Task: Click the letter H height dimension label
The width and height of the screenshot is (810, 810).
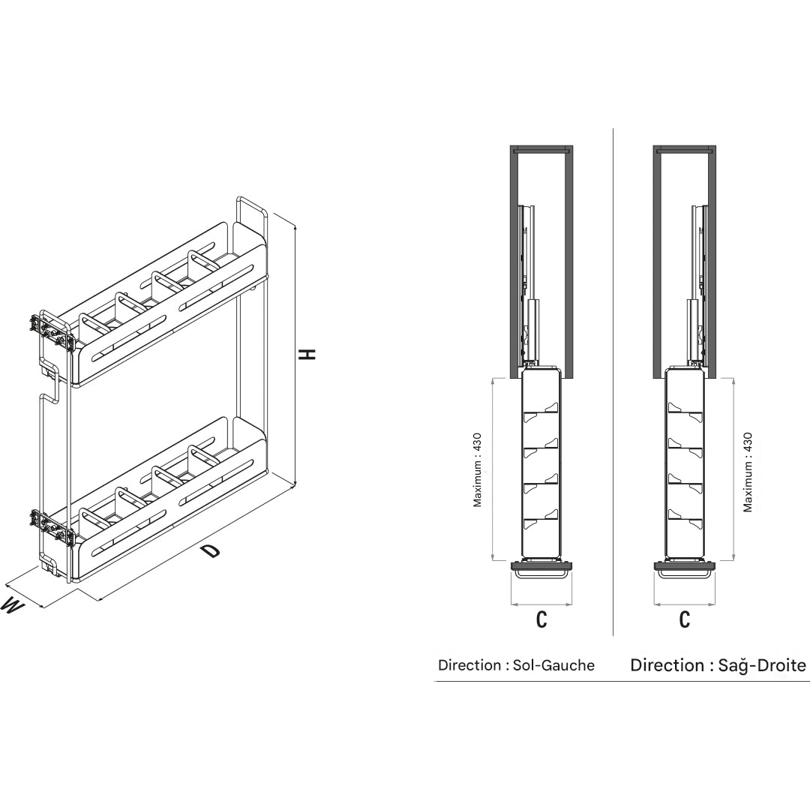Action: coord(308,354)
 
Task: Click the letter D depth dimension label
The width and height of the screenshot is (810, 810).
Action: coord(211,550)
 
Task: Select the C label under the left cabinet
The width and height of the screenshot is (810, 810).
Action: coord(541,619)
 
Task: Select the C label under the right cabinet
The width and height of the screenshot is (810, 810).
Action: coord(685,619)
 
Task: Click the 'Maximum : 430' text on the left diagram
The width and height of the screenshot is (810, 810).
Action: coord(477,470)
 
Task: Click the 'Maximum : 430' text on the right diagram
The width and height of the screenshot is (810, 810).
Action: coord(748,472)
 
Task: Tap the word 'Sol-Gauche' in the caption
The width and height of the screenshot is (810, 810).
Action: coord(553,664)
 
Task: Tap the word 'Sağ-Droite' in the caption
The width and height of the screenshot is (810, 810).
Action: coord(762,664)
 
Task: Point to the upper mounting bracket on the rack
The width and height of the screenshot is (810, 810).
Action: coord(51,331)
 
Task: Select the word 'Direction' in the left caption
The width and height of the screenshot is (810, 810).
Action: coord(469,664)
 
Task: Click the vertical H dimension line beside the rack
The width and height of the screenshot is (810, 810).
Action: coord(295,356)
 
